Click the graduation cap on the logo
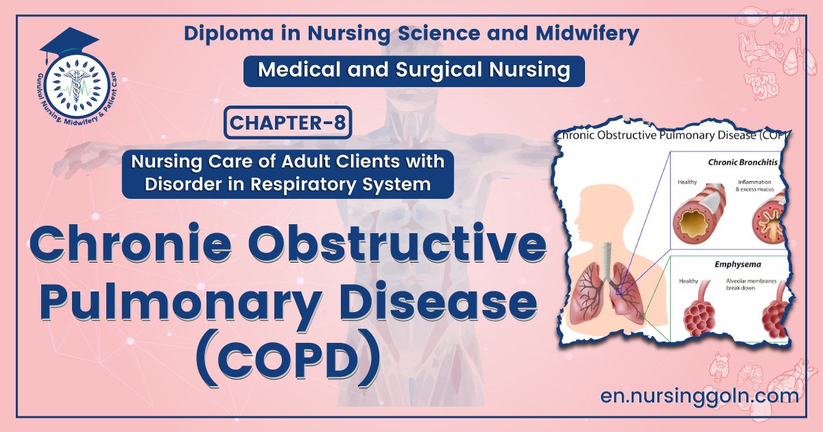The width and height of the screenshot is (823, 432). pos(67,43)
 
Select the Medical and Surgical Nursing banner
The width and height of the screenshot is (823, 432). pos(414,71)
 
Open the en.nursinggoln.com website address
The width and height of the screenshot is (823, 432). pos(699,396)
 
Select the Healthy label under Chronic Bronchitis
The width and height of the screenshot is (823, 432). pos(688,182)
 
